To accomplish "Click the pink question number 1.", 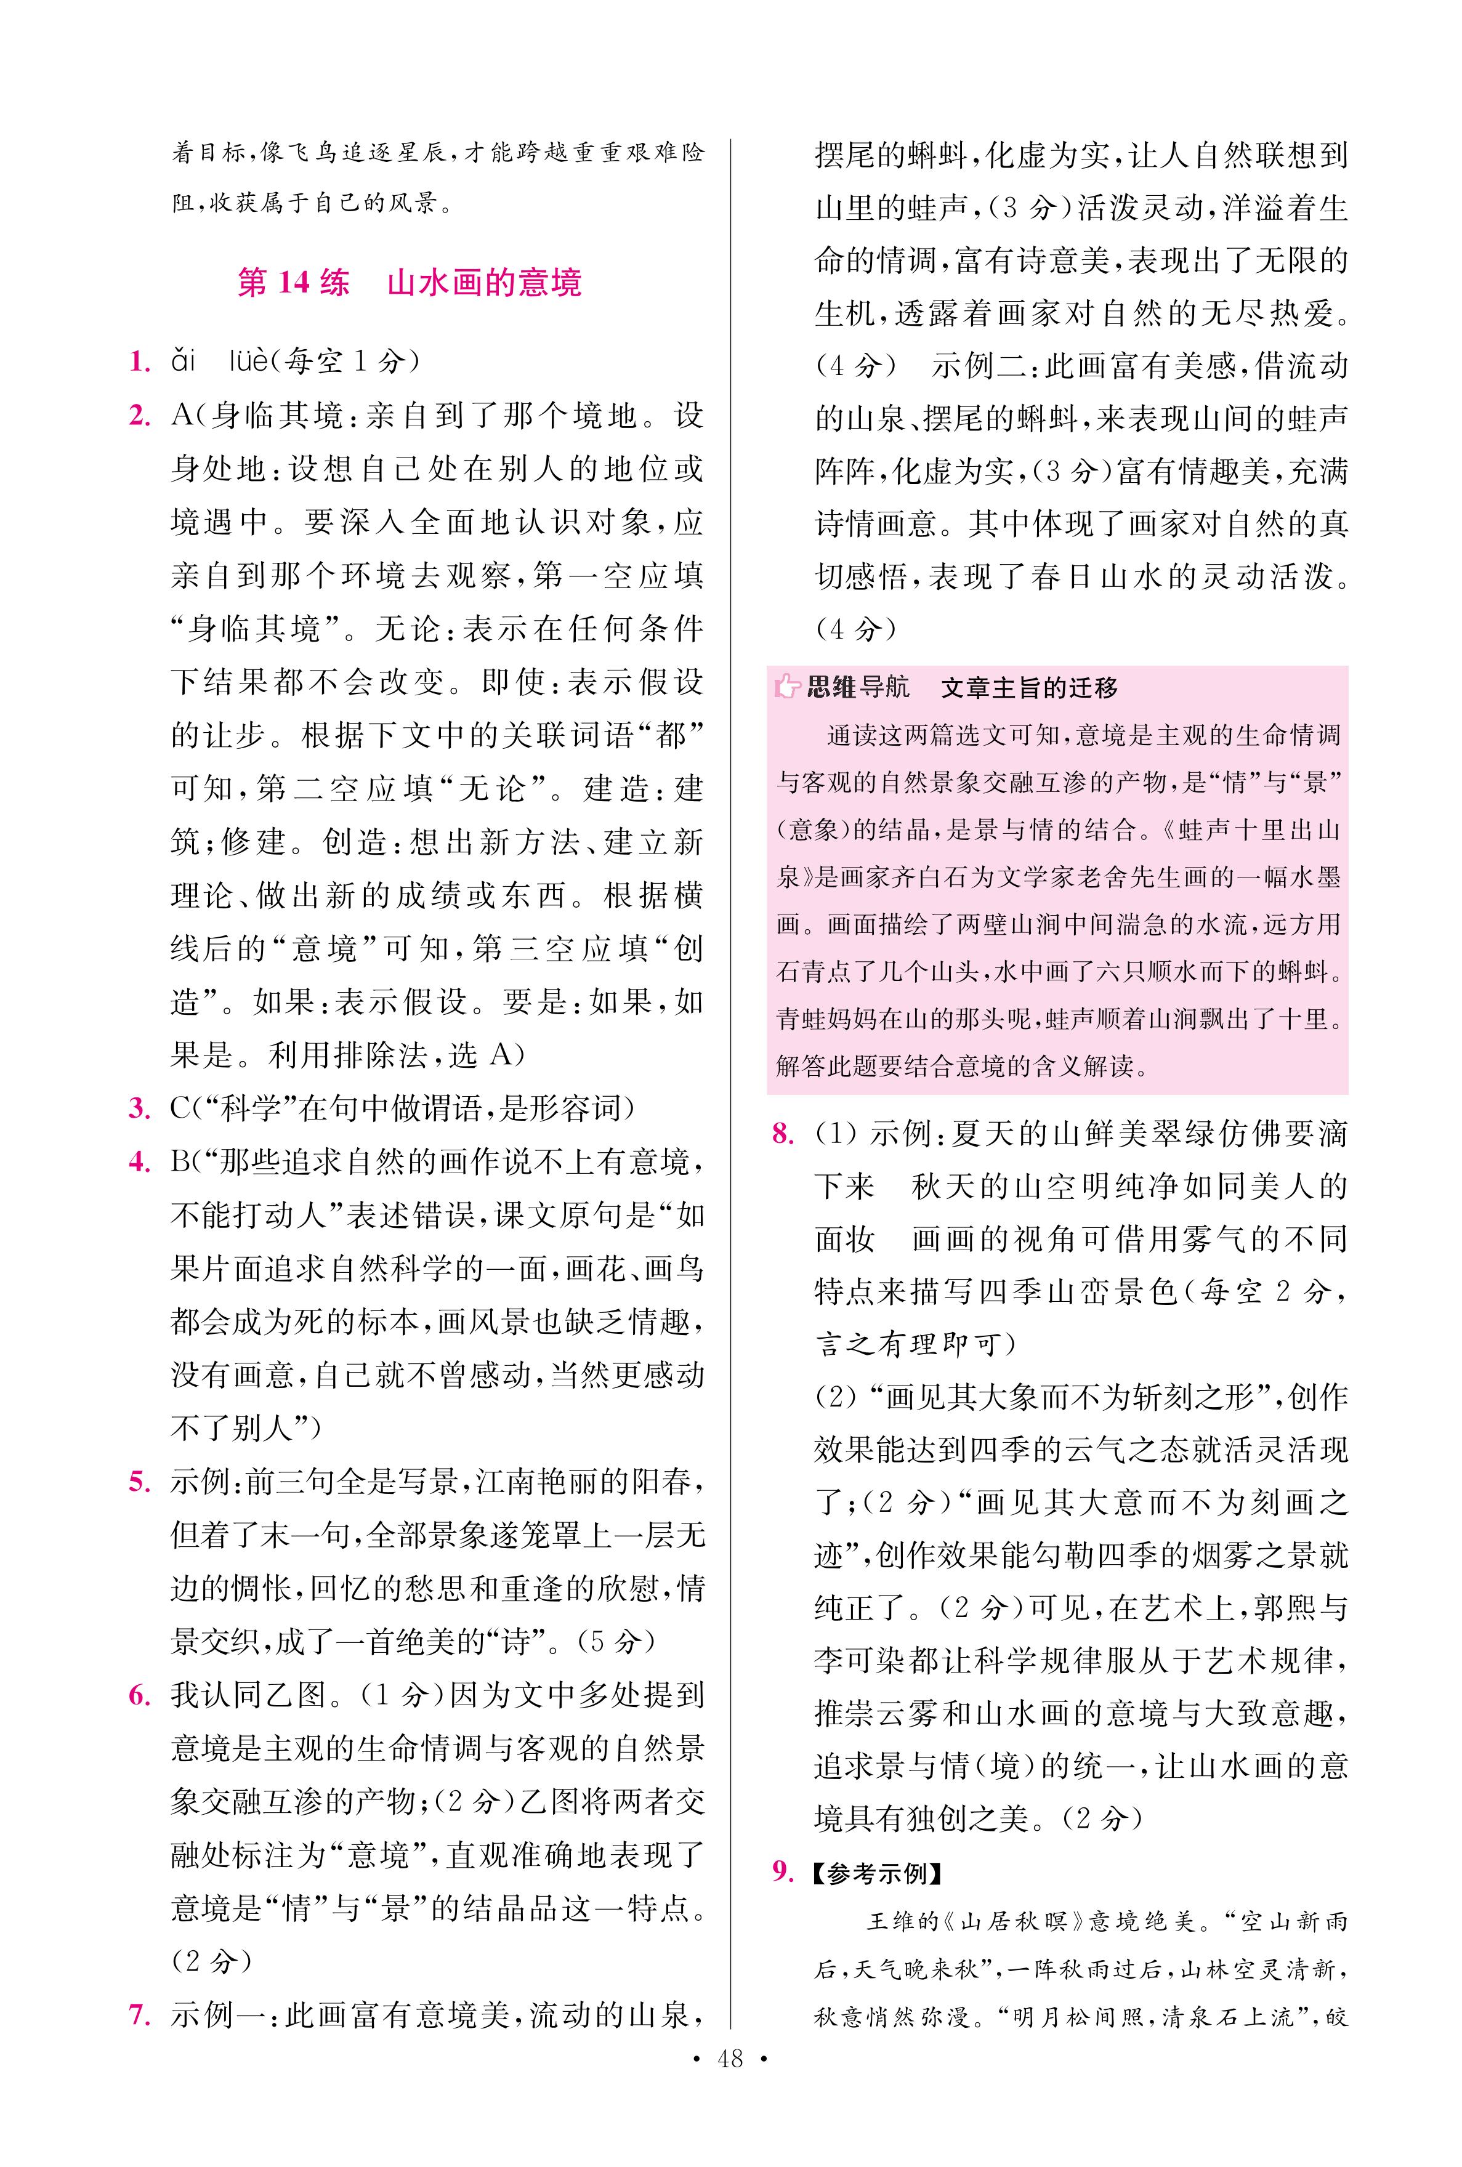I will [x=140, y=361].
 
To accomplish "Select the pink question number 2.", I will [x=140, y=416].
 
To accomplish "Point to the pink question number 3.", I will [x=140, y=1109].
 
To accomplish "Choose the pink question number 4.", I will [x=140, y=1162].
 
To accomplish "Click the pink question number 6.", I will [x=140, y=1695].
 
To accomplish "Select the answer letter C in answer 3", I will [x=180, y=1109].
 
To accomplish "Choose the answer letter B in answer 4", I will [x=180, y=1162].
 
